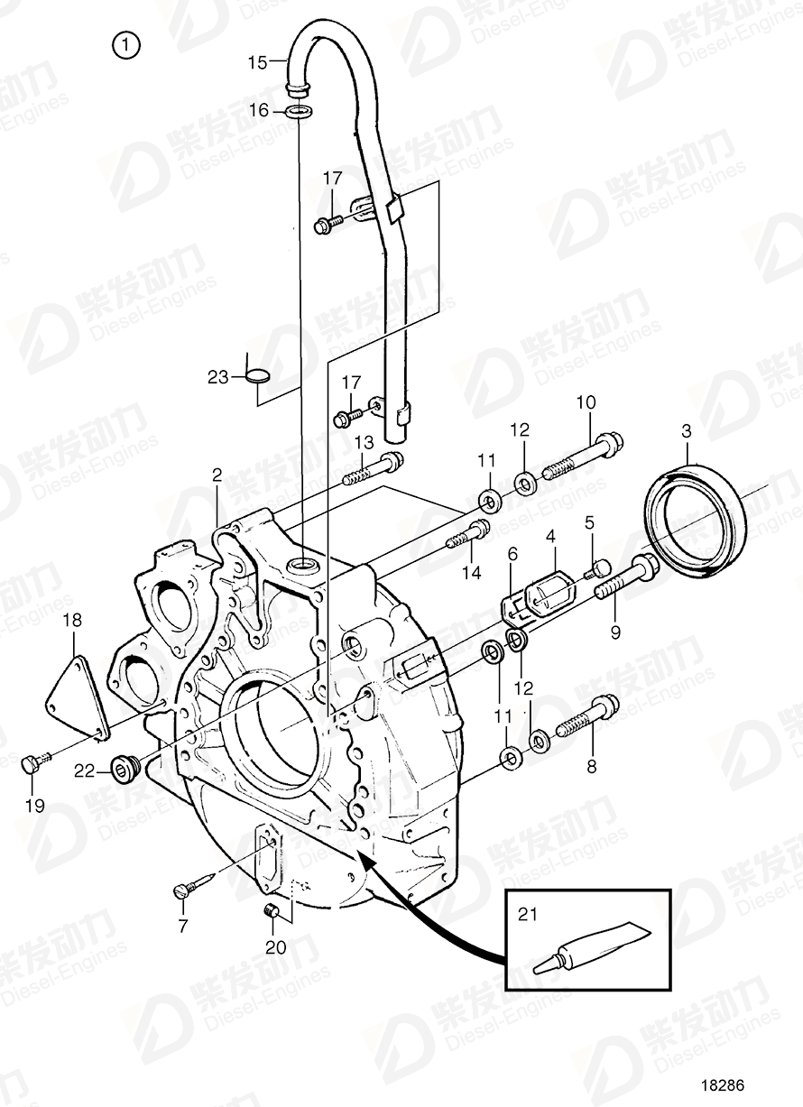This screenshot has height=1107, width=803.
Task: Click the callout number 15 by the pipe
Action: pyautogui.click(x=258, y=63)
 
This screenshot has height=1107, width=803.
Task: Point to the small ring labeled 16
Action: pyautogui.click(x=300, y=112)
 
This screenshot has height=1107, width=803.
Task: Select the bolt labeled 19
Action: pyautogui.click(x=31, y=764)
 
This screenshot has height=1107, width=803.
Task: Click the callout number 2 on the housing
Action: pyautogui.click(x=217, y=474)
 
